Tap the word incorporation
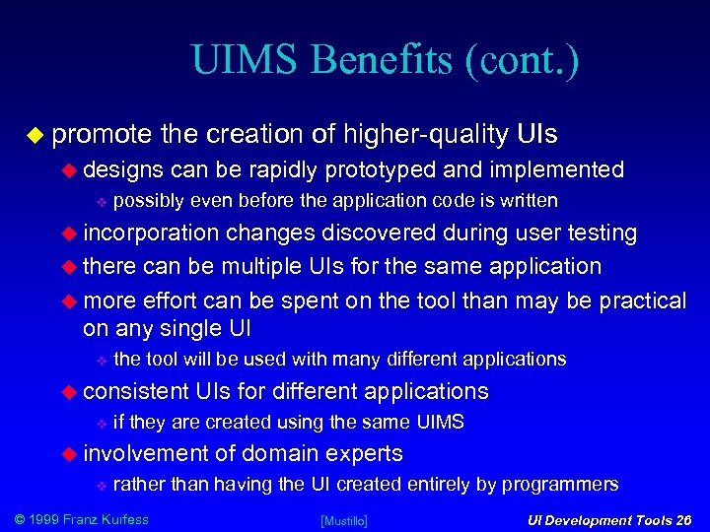[152, 233]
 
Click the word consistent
[135, 391]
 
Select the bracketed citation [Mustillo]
[344, 520]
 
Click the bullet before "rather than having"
[99, 485]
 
